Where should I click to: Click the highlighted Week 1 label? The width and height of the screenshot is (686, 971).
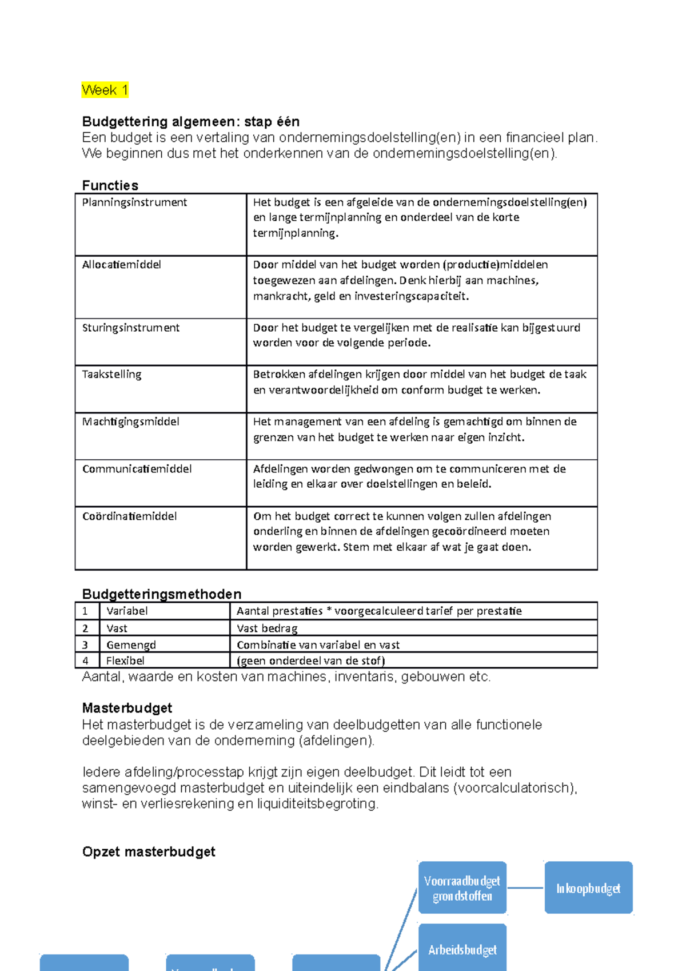[x=105, y=90]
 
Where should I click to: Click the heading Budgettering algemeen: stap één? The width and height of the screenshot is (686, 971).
[x=190, y=122]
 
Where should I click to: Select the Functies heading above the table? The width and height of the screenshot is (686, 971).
[x=110, y=185]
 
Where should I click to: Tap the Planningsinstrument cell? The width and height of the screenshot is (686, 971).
[x=134, y=202]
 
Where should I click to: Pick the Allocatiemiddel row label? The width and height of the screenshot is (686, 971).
[x=121, y=265]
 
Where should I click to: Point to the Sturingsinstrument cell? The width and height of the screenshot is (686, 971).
[x=130, y=328]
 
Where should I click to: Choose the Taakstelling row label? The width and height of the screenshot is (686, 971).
[x=111, y=375]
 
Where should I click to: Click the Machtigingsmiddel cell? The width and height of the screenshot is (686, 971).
[x=130, y=421]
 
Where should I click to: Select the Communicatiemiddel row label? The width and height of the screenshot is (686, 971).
[x=137, y=469]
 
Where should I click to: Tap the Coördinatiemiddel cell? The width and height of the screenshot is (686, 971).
[x=129, y=516]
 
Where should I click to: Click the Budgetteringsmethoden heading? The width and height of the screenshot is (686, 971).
[x=162, y=594]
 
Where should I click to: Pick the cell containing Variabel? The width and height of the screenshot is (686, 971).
[x=127, y=611]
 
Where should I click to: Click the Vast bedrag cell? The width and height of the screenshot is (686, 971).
[x=267, y=628]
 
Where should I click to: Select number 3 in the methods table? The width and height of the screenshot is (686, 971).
[x=85, y=645]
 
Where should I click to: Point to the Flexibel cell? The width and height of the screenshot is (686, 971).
[x=125, y=661]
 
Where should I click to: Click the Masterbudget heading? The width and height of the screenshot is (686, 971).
[x=127, y=708]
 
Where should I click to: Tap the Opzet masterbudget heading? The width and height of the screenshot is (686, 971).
[x=149, y=851]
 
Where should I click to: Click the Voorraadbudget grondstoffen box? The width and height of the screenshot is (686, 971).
[x=462, y=888]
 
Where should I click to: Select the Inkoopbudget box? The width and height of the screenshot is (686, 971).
[x=588, y=888]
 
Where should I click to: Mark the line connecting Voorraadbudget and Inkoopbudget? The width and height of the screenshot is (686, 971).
[x=525, y=888]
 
